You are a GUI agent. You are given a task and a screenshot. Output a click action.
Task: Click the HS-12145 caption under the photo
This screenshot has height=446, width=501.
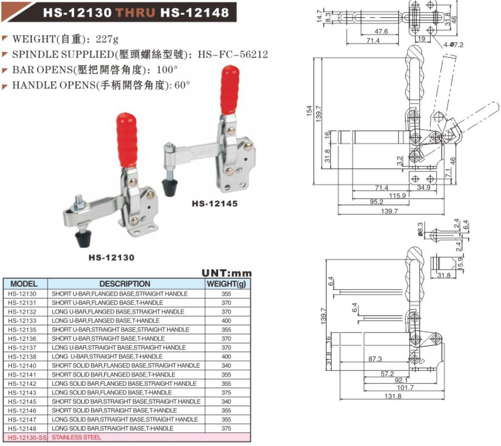(x=214, y=203)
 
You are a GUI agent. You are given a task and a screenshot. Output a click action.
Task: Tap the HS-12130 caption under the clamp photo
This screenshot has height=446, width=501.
(x=112, y=258)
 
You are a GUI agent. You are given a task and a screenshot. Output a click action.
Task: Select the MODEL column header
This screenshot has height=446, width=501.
(x=24, y=284)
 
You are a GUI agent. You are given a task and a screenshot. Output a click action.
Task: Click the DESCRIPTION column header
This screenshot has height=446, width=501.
(x=125, y=284)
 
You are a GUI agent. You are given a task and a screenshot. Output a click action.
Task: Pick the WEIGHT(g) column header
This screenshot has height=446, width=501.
(x=226, y=284)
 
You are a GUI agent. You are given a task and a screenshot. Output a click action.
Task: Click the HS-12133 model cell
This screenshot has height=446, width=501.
(x=22, y=321)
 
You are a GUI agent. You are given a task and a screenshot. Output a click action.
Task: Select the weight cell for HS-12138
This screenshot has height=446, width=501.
(x=226, y=357)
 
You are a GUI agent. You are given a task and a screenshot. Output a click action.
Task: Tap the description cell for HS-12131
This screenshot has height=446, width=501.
(x=107, y=303)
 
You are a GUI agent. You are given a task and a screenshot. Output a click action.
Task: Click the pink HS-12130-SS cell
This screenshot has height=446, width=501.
(x=25, y=437)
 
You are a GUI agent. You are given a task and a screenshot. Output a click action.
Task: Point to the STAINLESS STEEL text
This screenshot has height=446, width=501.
(x=76, y=437)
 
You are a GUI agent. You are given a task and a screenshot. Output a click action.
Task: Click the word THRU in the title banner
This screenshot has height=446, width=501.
(x=136, y=13)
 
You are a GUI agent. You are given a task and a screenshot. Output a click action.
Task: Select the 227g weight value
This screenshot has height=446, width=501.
(x=107, y=39)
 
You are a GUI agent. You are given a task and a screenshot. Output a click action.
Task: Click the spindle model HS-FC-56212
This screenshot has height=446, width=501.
(x=233, y=54)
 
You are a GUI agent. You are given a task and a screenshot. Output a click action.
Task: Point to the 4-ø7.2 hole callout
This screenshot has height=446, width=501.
(x=453, y=45)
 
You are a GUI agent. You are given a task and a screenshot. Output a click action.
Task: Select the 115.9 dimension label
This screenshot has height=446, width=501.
(x=397, y=195)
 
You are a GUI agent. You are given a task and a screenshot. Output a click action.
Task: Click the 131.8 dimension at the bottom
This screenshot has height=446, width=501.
(x=393, y=396)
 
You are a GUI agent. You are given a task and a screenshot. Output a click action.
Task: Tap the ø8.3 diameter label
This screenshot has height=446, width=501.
(x=421, y=229)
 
